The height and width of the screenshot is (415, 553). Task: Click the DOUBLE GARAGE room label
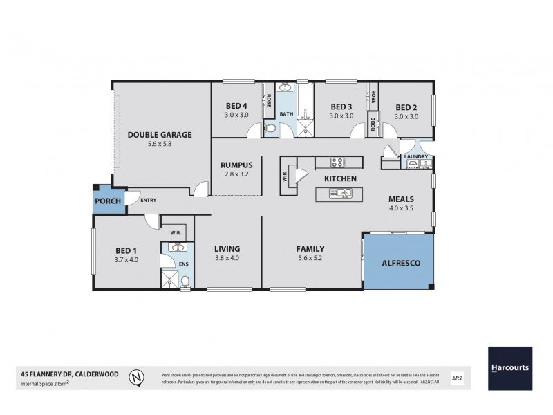[160, 134]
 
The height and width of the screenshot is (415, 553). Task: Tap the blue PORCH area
[107, 201]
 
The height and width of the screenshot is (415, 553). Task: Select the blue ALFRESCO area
[397, 264]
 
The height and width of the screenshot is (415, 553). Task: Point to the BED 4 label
[236, 106]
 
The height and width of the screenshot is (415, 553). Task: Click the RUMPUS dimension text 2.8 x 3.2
[236, 175]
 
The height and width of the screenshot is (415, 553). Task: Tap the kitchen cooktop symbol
[339, 163]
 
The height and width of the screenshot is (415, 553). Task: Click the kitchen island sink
[341, 196]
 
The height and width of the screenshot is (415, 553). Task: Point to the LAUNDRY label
[416, 157]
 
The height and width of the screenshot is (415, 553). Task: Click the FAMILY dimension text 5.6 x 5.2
[311, 259]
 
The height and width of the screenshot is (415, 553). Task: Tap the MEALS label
[402, 197]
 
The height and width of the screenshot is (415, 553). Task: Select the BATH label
[287, 114]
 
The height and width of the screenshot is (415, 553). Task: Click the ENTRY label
[148, 201]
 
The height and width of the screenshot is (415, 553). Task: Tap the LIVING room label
[227, 249]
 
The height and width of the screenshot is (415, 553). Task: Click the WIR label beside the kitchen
[284, 177]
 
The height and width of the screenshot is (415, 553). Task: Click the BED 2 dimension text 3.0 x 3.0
[406, 116]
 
